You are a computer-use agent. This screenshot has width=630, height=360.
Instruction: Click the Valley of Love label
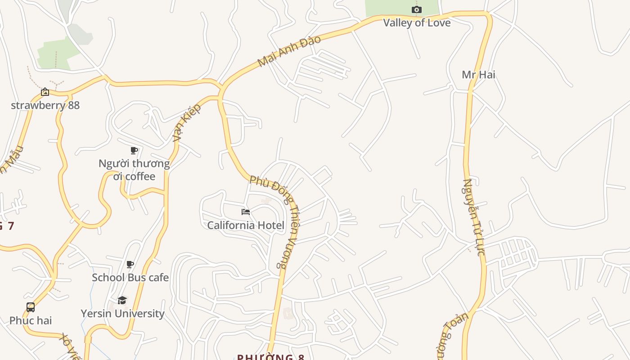pyautogui.click(x=417, y=22)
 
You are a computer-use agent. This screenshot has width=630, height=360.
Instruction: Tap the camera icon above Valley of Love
pyautogui.click(x=417, y=9)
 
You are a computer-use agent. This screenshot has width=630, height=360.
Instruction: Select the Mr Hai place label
pyautogui.click(x=478, y=74)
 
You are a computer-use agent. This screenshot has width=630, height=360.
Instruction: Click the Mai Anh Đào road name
pyautogui.click(x=289, y=51)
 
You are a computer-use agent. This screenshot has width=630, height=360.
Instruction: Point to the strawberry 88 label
pyautogui.click(x=45, y=105)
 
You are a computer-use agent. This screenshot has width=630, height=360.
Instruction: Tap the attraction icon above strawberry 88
pyautogui.click(x=45, y=92)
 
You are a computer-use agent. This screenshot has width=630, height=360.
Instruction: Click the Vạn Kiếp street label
pyautogui.click(x=186, y=123)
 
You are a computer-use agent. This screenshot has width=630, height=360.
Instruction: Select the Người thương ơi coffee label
pyautogui.click(x=134, y=170)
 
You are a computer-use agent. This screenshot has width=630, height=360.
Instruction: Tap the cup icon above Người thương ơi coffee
pyautogui.click(x=134, y=150)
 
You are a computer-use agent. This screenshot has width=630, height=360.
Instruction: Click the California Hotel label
pyautogui.click(x=246, y=225)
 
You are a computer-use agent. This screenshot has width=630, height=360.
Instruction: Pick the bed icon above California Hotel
pyautogui.click(x=246, y=211)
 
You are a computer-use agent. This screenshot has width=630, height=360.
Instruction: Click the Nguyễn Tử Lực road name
pyautogui.click(x=474, y=217)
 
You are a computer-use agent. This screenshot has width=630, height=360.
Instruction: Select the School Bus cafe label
pyautogui.click(x=130, y=278)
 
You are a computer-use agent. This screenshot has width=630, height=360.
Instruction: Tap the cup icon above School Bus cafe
pyautogui.click(x=130, y=264)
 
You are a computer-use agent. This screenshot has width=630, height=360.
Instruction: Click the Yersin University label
pyautogui.click(x=122, y=314)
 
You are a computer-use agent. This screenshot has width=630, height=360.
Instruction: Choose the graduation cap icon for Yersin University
pyautogui.click(x=122, y=300)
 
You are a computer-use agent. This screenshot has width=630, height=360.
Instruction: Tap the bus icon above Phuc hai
pyautogui.click(x=31, y=307)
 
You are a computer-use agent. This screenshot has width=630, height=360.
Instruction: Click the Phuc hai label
pyautogui.click(x=31, y=321)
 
